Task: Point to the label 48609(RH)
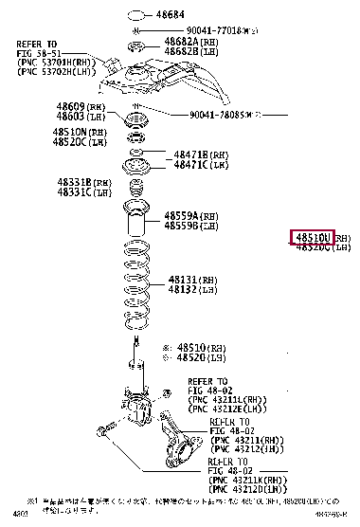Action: (x=77, y=107)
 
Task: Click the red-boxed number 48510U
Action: (x=313, y=237)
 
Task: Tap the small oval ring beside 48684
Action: (x=136, y=15)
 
